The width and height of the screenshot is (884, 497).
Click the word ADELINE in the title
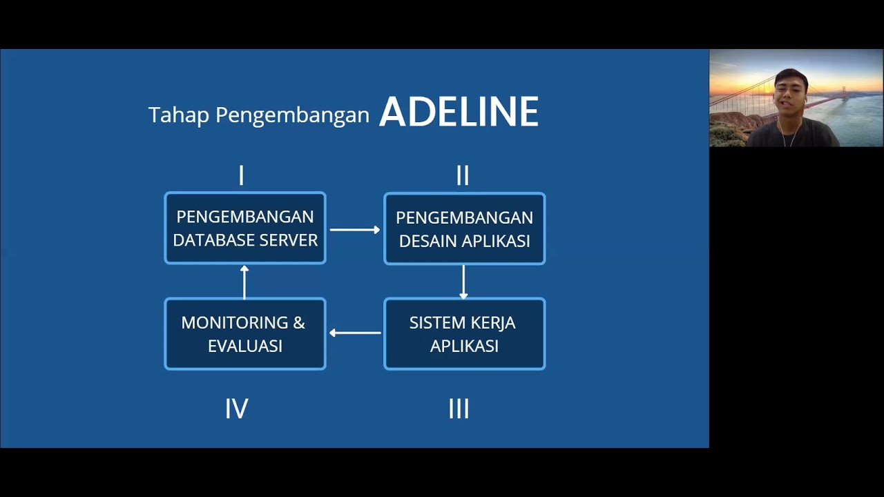[459, 112]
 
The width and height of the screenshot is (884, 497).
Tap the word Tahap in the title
[178, 115]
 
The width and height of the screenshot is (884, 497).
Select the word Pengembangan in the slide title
[292, 115]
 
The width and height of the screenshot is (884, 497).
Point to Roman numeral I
[241, 176]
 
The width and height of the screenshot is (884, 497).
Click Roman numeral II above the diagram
[463, 176]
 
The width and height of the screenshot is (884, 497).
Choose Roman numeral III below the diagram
[459, 409]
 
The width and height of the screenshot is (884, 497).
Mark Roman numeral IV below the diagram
[236, 409]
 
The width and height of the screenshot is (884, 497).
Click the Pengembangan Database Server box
[245, 228]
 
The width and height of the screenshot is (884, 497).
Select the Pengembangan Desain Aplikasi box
[464, 228]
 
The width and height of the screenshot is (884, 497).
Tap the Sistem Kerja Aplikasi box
[464, 334]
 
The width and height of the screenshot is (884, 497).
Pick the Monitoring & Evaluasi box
[245, 334]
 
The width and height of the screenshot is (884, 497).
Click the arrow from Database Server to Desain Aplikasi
[355, 229]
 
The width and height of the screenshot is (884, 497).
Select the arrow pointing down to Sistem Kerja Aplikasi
[463, 282]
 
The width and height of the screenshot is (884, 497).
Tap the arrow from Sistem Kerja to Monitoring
[355, 333]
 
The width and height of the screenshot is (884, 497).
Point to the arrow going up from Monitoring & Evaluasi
[244, 282]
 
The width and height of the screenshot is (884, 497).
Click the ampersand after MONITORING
[299, 323]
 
